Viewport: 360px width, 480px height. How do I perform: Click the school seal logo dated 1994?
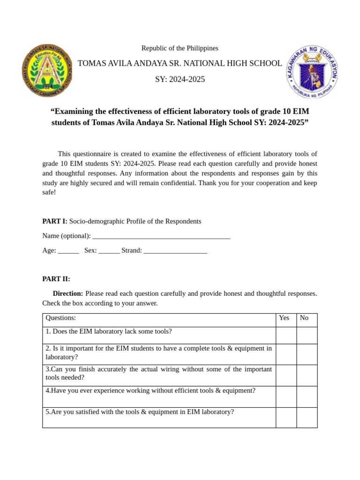pyautogui.click(x=47, y=71)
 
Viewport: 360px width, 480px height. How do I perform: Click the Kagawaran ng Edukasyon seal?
pyautogui.click(x=312, y=72)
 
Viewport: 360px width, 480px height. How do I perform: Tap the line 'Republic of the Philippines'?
pyautogui.click(x=180, y=48)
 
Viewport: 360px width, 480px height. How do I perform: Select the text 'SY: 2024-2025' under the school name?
pyautogui.click(x=180, y=80)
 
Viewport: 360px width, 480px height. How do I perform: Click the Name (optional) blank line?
pyautogui.click(x=161, y=236)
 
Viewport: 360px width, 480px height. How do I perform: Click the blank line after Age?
pyautogui.click(x=68, y=251)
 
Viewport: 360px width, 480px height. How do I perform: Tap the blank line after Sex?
pyautogui.click(x=109, y=251)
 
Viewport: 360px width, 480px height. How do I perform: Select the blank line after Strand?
pyautogui.click(x=175, y=251)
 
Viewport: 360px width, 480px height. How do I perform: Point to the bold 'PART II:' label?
pyautogui.click(x=56, y=279)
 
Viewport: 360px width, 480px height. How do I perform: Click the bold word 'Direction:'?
pyautogui.click(x=68, y=293)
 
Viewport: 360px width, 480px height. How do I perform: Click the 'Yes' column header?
pyautogui.click(x=284, y=318)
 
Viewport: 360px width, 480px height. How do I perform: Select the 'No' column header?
pyautogui.click(x=304, y=318)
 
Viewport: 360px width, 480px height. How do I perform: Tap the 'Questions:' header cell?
pyautogui.click(x=61, y=318)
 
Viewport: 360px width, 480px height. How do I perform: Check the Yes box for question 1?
pyautogui.click(x=286, y=335)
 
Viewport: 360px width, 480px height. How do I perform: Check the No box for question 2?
pyautogui.click(x=307, y=354)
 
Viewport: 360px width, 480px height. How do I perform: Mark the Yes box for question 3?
pyautogui.click(x=286, y=375)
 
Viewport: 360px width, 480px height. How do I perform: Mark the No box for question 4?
pyautogui.click(x=307, y=396)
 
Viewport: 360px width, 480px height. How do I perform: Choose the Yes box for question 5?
pyautogui.click(x=286, y=417)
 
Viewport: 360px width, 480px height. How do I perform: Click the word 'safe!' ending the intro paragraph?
pyautogui.click(x=49, y=192)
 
